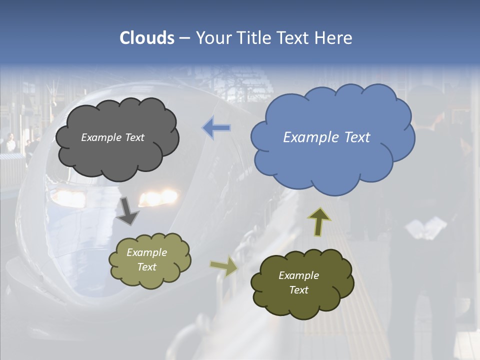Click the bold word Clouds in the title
(x=146, y=38)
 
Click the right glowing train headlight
(x=158, y=197)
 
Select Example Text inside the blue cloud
(x=326, y=137)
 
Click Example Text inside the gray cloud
(x=112, y=137)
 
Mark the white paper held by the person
(x=425, y=228)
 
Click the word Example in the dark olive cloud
(x=298, y=275)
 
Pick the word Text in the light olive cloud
(x=146, y=267)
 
